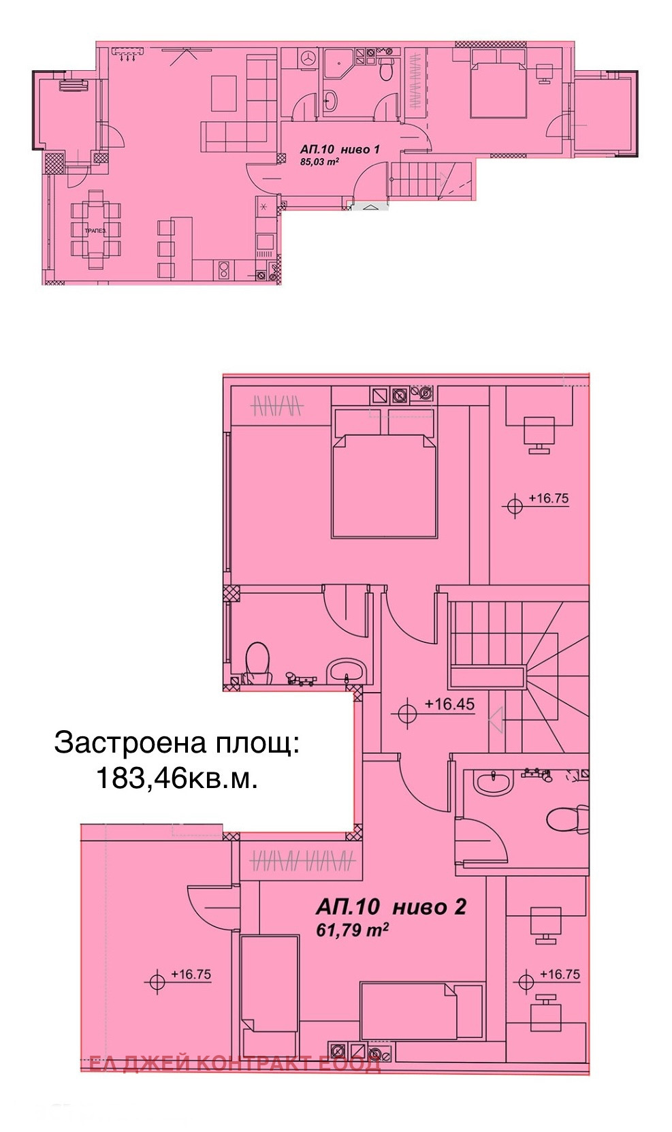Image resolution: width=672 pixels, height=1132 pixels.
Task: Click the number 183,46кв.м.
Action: coord(176,777)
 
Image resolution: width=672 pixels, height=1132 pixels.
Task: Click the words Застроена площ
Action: coord(176,742)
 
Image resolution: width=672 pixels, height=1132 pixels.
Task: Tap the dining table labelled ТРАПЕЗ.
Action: coord(95,231)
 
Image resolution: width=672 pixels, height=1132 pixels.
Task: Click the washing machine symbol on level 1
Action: coord(308,59)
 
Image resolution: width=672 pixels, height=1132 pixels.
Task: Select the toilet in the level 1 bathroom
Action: coord(386,67)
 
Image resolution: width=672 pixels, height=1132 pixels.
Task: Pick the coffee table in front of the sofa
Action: coord(224,93)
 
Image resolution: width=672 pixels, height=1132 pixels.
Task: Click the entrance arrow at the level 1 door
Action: coord(368,207)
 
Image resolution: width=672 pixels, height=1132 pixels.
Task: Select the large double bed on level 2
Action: coord(383,486)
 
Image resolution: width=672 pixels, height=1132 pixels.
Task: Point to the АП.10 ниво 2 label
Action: coord(390,907)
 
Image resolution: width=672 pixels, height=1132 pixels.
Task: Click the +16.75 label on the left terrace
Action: coord(191,974)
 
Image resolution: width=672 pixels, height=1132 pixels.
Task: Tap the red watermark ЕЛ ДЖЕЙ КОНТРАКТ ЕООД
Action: coord(235,1063)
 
